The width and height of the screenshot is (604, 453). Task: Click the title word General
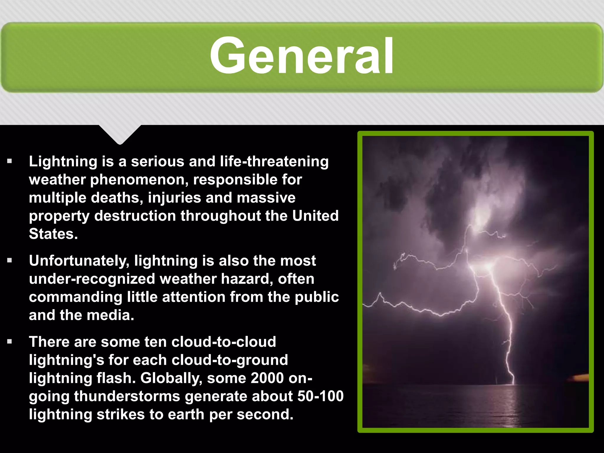click(x=301, y=56)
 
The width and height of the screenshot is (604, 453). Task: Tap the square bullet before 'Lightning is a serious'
click(x=10, y=161)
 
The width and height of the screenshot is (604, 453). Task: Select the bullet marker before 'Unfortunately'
click(x=10, y=261)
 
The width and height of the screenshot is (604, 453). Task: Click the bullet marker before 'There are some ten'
click(x=10, y=342)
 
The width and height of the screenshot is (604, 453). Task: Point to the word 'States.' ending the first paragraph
click(x=53, y=234)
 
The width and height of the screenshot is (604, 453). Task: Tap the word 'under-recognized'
click(x=92, y=279)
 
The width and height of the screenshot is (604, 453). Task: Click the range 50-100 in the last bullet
click(x=320, y=396)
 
